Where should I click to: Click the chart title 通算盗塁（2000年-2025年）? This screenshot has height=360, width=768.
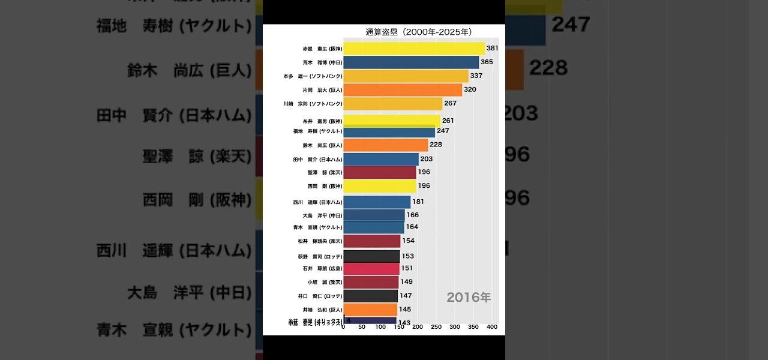(x=418, y=32)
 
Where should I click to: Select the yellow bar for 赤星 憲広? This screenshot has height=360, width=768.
(x=413, y=49)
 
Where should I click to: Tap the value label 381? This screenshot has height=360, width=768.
(x=493, y=48)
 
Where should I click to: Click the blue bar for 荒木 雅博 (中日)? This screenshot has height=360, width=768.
(x=411, y=62)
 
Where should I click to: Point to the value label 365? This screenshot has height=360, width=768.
(x=487, y=62)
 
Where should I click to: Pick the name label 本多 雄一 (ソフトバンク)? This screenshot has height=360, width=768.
(x=313, y=76)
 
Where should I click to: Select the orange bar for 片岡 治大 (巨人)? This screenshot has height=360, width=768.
(x=403, y=90)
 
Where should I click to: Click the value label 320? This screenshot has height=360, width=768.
(x=470, y=90)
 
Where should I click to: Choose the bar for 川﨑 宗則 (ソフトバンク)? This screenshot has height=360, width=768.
(x=392, y=104)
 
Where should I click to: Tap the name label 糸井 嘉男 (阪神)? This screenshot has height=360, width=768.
(x=322, y=121)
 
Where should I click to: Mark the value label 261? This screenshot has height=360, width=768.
(x=448, y=121)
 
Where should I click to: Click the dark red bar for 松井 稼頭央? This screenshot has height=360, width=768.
(x=371, y=241)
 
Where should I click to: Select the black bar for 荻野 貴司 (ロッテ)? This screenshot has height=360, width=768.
(x=371, y=256)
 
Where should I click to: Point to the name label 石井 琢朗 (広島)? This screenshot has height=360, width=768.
(x=322, y=268)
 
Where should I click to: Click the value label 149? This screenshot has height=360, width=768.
(x=406, y=281)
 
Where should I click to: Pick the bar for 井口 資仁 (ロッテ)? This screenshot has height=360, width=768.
(x=370, y=296)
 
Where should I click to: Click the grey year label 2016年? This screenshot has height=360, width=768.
(x=469, y=297)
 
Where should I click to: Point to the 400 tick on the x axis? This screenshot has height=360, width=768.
(x=492, y=328)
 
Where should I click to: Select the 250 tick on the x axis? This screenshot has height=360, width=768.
(x=436, y=328)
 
